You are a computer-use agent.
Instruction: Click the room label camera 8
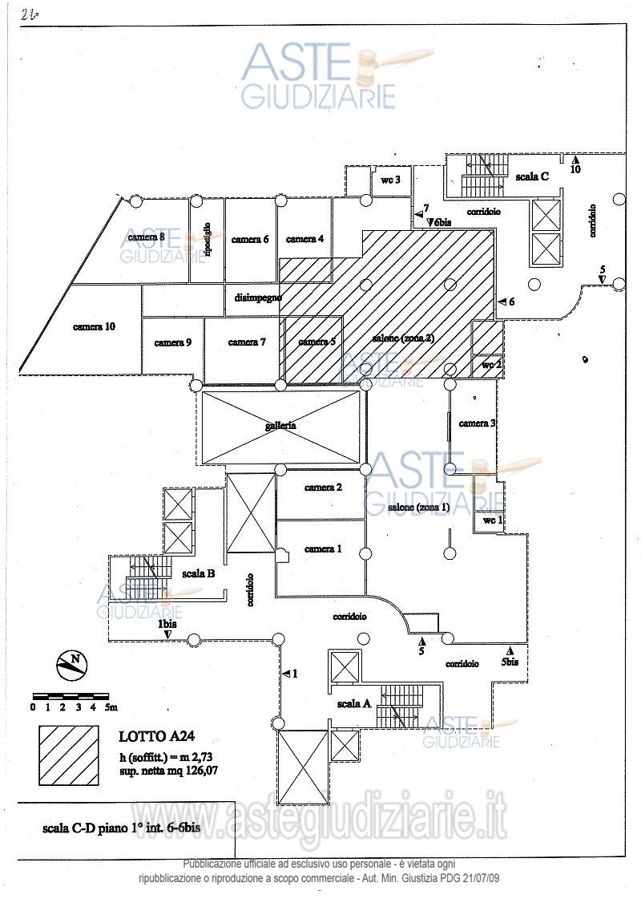pyautogui.click(x=146, y=237)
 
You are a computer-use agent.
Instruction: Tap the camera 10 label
pyautogui.click(x=95, y=326)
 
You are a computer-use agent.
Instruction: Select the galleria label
pyautogui.click(x=280, y=425)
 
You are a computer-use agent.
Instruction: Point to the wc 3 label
pyautogui.click(x=390, y=180)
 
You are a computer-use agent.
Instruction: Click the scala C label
pyautogui.click(x=532, y=176)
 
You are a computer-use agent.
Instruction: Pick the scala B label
pyautogui.click(x=198, y=573)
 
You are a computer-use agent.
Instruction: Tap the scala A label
pyautogui.click(x=354, y=703)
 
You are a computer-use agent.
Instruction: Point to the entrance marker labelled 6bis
pyautogui.click(x=440, y=223)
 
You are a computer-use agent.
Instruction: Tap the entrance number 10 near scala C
pyautogui.click(x=575, y=169)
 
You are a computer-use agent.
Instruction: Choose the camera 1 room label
pyautogui.click(x=323, y=549)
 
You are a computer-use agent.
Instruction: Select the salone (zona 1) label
pyautogui.click(x=418, y=508)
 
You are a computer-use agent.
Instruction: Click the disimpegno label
pyautogui.click(x=258, y=298)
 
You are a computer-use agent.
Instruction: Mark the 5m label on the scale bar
pyautogui.click(x=110, y=707)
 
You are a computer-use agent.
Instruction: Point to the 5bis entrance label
pyautogui.click(x=510, y=662)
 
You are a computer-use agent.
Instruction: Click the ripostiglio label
pyautogui.click(x=208, y=239)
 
